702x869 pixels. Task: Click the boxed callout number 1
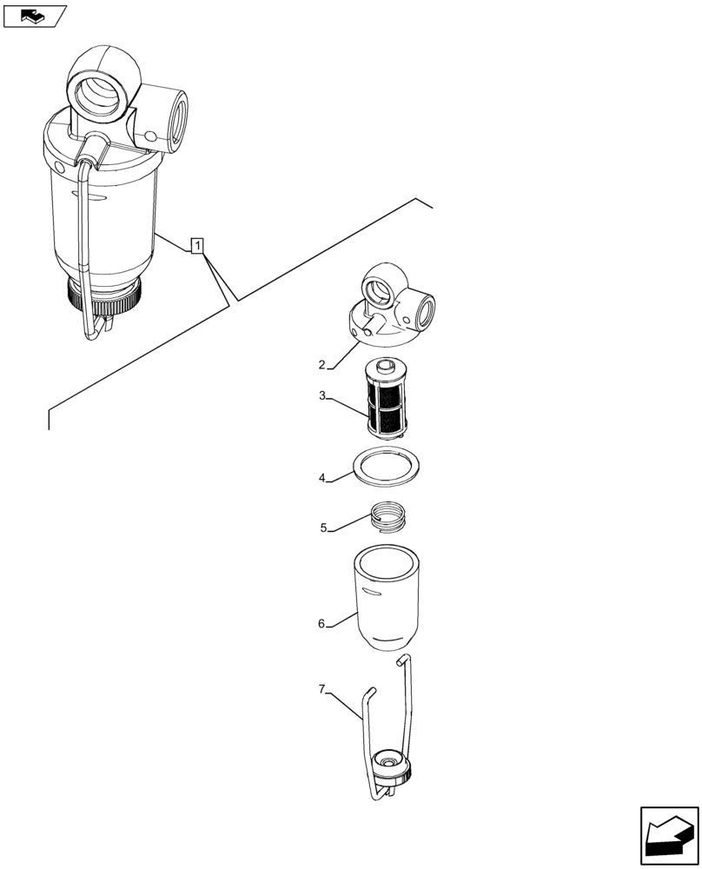click(x=199, y=247)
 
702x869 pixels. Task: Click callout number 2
click(x=321, y=364)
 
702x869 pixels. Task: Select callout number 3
click(x=322, y=396)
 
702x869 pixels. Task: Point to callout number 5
click(x=323, y=527)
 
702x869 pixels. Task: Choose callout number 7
click(x=321, y=689)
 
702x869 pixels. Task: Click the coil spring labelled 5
click(x=387, y=517)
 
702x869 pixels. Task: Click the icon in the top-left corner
click(x=34, y=15)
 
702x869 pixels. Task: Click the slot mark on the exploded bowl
click(x=372, y=592)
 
